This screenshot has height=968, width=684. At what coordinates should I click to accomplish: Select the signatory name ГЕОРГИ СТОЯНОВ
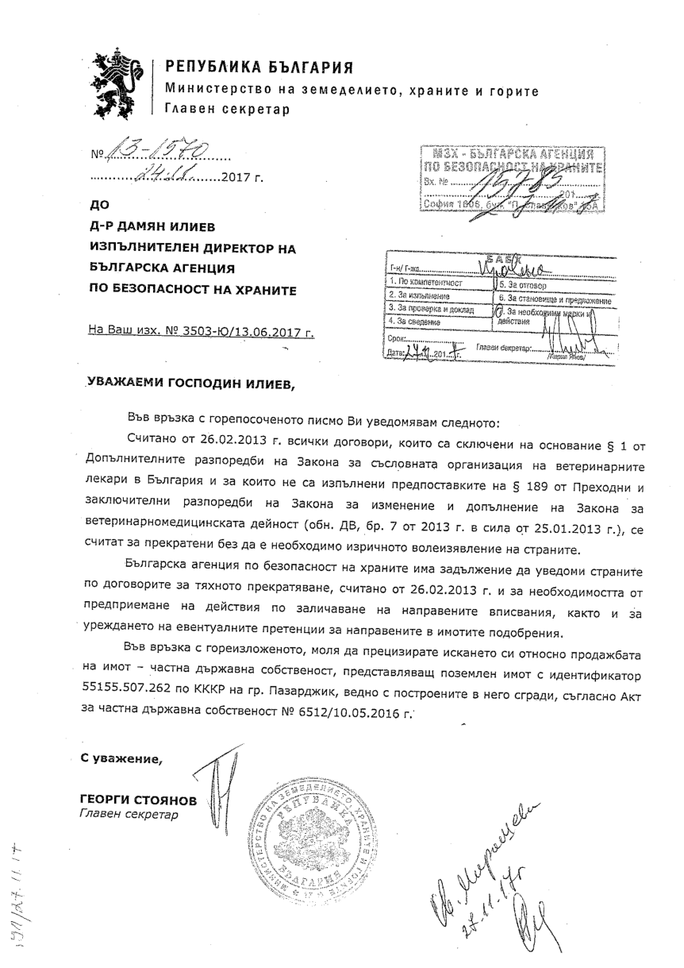[x=137, y=800]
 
